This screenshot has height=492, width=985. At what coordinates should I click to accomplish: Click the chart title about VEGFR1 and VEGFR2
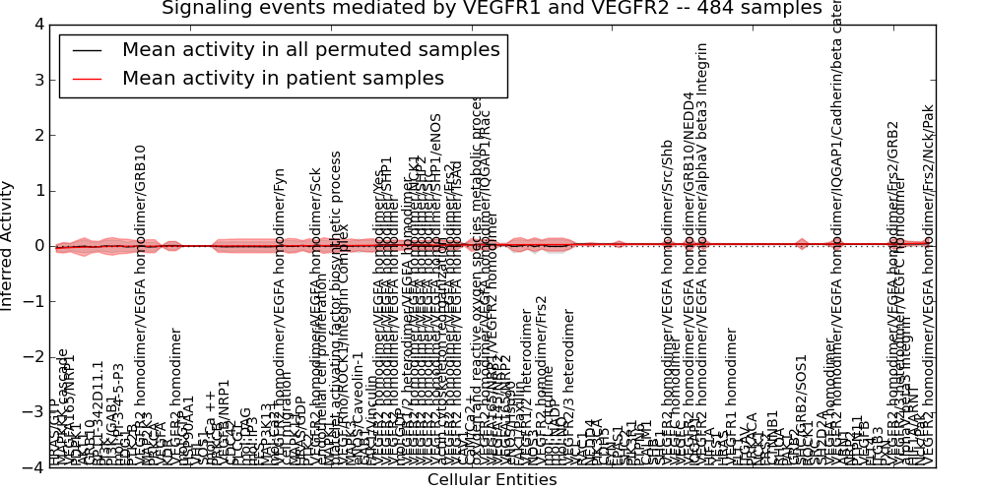(492, 9)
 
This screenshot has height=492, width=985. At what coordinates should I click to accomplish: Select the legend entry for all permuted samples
(311, 49)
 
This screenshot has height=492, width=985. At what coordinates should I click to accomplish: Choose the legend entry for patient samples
(283, 78)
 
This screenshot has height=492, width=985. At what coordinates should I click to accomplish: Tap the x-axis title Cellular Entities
(492, 480)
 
